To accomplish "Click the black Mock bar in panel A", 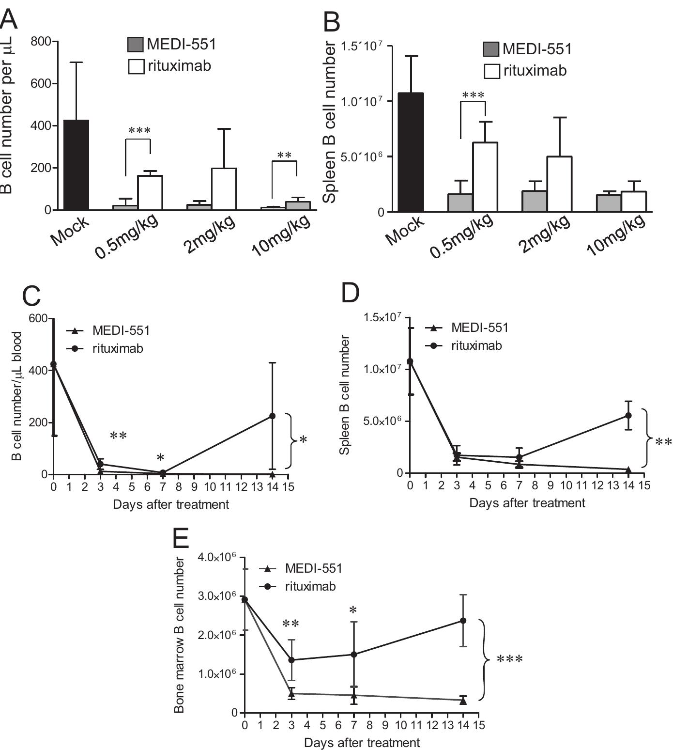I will (x=76, y=165).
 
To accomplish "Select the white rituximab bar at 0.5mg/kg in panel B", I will (x=485, y=177).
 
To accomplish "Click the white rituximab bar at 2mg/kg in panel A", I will (x=224, y=189).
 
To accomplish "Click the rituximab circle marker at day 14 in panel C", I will (x=273, y=416).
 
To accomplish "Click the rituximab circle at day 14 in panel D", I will (x=628, y=415).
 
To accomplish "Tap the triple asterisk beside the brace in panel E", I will (x=510, y=659).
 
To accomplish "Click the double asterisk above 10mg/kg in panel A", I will (x=284, y=156).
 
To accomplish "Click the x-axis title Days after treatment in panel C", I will (x=170, y=504).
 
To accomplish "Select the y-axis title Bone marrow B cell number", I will (x=179, y=635).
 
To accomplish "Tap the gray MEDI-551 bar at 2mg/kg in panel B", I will (x=535, y=201).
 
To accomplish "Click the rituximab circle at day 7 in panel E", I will (x=353, y=655).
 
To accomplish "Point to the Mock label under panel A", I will (x=70, y=231).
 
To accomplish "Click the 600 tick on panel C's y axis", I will (x=38, y=318).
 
